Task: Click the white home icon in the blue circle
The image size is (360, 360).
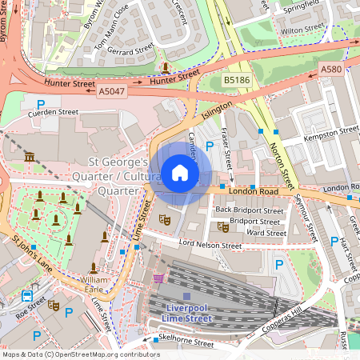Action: coord(180,172)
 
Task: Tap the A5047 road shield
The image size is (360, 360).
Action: coord(113,92)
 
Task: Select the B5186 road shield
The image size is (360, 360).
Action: coord(236,81)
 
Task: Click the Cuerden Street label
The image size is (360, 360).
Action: coord(54,113)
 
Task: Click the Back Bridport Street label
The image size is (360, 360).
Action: coord(250,210)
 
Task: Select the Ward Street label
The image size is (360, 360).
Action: coord(266,233)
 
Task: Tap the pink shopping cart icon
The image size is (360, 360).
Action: coord(158,278)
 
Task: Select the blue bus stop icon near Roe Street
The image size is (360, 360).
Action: coord(28,295)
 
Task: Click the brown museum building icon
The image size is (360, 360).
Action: coord(30,157)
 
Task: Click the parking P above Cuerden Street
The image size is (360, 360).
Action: coord(41,102)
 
